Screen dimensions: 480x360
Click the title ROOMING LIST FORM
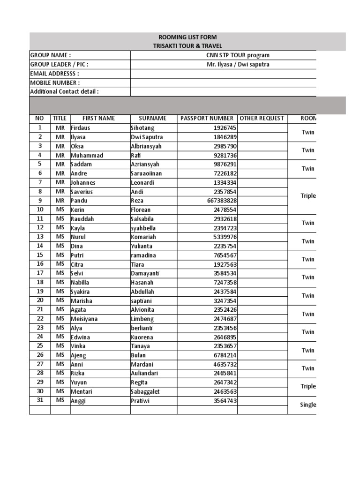tap(187, 37)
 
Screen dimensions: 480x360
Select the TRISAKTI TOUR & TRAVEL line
tap(187, 46)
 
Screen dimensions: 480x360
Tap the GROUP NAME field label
tap(51, 55)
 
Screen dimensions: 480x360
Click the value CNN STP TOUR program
tap(238, 55)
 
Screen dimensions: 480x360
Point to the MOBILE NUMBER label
tap(55, 83)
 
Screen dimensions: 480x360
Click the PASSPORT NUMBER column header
tap(207, 119)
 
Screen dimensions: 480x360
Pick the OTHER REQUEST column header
tap(262, 119)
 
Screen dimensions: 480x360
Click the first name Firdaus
tap(80, 128)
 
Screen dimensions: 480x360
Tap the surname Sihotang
tap(142, 128)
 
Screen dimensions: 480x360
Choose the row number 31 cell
tap(40, 400)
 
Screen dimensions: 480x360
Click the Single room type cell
tap(308, 405)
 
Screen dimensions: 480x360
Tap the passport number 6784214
tap(225, 356)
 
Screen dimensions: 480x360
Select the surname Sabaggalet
tap(146, 392)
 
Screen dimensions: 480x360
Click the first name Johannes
tap(83, 183)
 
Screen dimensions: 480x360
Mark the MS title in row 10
tap(60, 210)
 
